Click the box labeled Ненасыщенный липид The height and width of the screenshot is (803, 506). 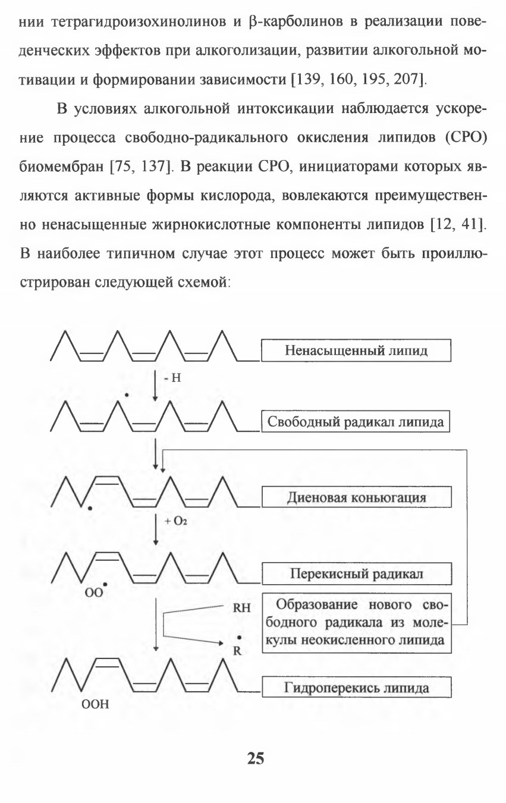(x=356, y=350)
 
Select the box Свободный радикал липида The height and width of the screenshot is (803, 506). (x=355, y=422)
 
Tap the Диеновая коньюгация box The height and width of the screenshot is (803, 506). (x=357, y=497)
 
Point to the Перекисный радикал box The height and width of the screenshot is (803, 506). (x=357, y=574)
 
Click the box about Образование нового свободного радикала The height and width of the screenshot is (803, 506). (x=357, y=623)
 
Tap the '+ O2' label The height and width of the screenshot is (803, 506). (x=175, y=521)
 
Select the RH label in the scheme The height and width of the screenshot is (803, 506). (x=241, y=608)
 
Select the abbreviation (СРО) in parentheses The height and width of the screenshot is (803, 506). (x=466, y=137)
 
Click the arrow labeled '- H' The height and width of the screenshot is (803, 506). (x=155, y=385)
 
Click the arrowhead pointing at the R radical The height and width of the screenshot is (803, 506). (x=221, y=643)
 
